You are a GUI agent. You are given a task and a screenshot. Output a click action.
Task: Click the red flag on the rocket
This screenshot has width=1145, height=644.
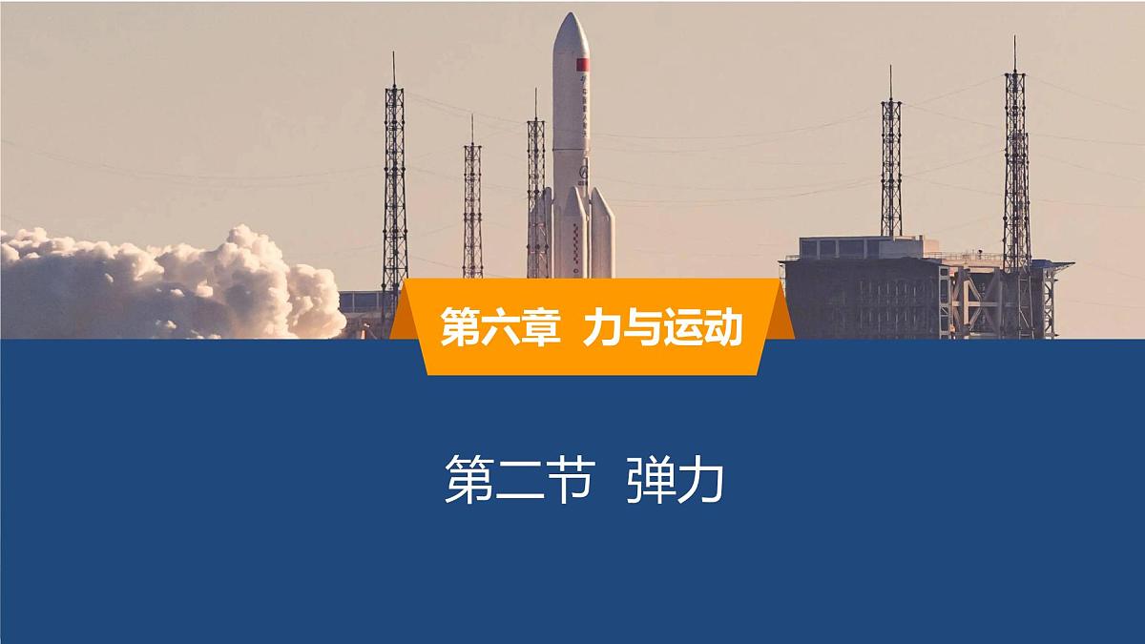[582, 64]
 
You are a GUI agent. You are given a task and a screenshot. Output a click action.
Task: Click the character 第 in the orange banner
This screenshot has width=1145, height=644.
[460, 327]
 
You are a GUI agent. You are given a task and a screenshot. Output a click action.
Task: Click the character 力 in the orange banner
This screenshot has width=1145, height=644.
[604, 327]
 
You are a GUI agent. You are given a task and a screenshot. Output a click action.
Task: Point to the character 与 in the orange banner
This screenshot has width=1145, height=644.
[642, 327]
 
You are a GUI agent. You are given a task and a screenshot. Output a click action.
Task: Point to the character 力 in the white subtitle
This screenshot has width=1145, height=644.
[700, 480]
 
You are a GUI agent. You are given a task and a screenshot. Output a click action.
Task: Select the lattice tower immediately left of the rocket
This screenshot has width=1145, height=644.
[537, 191]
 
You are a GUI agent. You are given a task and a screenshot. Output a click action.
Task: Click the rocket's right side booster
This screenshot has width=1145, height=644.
[601, 234]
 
